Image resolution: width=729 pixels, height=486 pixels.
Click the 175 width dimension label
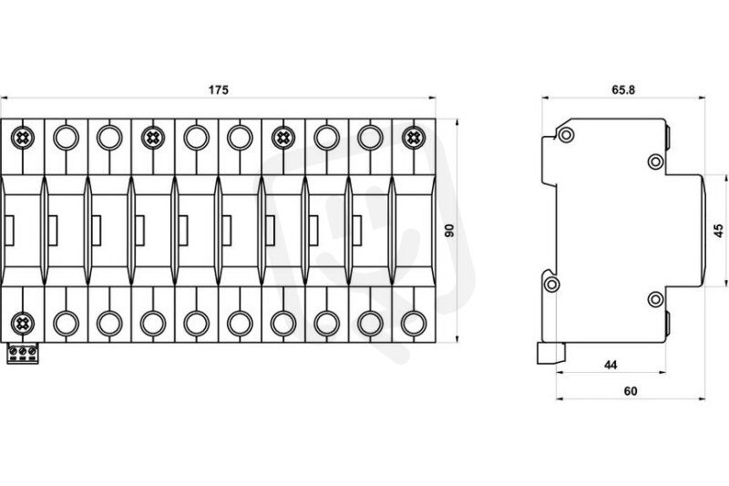(x=218, y=89)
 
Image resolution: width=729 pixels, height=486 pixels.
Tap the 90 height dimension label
(x=449, y=230)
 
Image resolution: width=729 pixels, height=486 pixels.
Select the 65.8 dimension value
(x=623, y=89)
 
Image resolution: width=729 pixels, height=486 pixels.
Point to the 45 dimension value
(x=718, y=231)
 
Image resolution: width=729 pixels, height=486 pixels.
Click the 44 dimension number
(x=611, y=365)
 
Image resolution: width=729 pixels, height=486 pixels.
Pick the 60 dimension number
(x=631, y=391)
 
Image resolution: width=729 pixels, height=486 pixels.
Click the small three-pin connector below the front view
(x=22, y=354)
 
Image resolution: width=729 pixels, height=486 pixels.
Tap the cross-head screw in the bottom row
(x=22, y=323)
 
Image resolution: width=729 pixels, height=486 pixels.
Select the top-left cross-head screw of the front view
(x=22, y=138)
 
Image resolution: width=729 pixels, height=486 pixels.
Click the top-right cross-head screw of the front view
(x=414, y=138)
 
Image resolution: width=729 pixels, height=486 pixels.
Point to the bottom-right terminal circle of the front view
(x=414, y=323)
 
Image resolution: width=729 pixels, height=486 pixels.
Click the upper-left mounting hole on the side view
(x=566, y=135)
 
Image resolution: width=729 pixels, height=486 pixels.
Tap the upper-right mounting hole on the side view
(x=655, y=161)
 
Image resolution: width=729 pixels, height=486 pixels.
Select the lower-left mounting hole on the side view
(x=552, y=284)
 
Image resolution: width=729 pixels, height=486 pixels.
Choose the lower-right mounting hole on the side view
(x=655, y=299)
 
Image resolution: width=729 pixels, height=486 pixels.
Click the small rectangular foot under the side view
(x=551, y=354)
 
